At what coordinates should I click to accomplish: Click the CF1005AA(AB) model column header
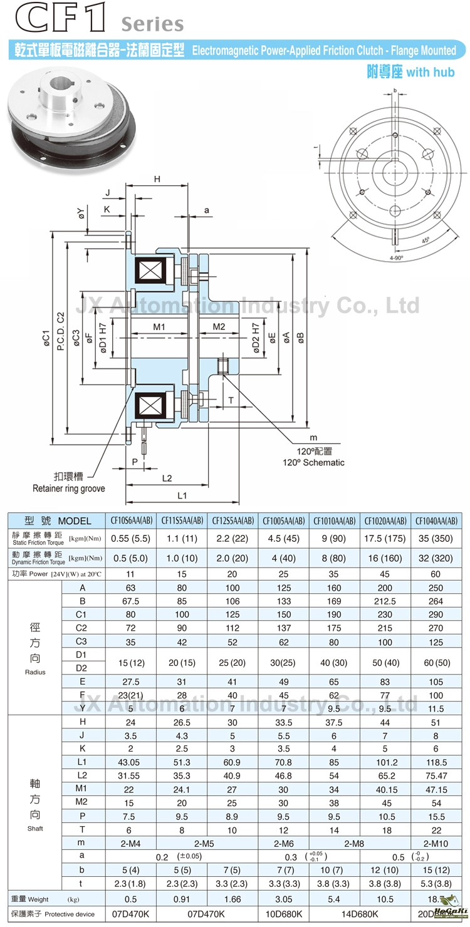click(x=284, y=520)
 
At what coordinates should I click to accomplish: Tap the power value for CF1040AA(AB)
click(x=436, y=574)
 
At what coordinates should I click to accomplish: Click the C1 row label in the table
click(x=81, y=615)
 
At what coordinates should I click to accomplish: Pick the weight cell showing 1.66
click(x=232, y=899)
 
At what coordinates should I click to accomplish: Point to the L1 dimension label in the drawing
click(x=182, y=495)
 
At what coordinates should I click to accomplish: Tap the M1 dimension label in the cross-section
click(x=159, y=328)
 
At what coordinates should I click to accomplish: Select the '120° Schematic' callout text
click(x=313, y=462)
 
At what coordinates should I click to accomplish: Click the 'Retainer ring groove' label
click(x=69, y=488)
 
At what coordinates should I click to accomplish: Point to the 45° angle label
click(x=426, y=240)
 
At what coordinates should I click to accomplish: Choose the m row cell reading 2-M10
click(x=436, y=844)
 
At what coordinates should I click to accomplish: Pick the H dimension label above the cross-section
click(x=157, y=180)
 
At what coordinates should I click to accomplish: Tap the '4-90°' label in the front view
click(x=396, y=257)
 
